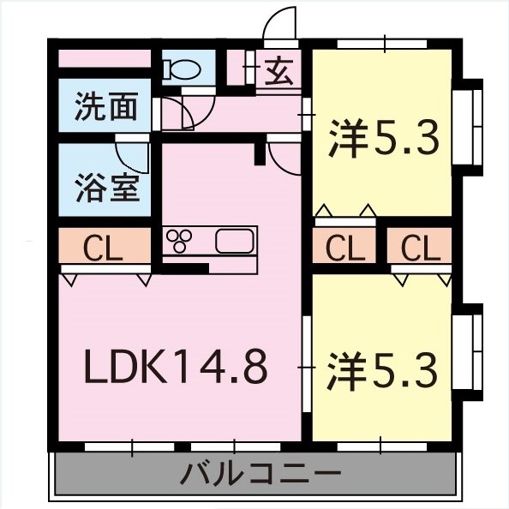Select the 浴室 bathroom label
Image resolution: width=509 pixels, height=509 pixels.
[x=106, y=187]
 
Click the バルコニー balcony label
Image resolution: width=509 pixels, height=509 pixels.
[x=261, y=472]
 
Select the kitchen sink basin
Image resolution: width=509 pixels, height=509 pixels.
[x=234, y=241]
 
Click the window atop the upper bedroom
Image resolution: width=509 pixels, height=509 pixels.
[x=382, y=43]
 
